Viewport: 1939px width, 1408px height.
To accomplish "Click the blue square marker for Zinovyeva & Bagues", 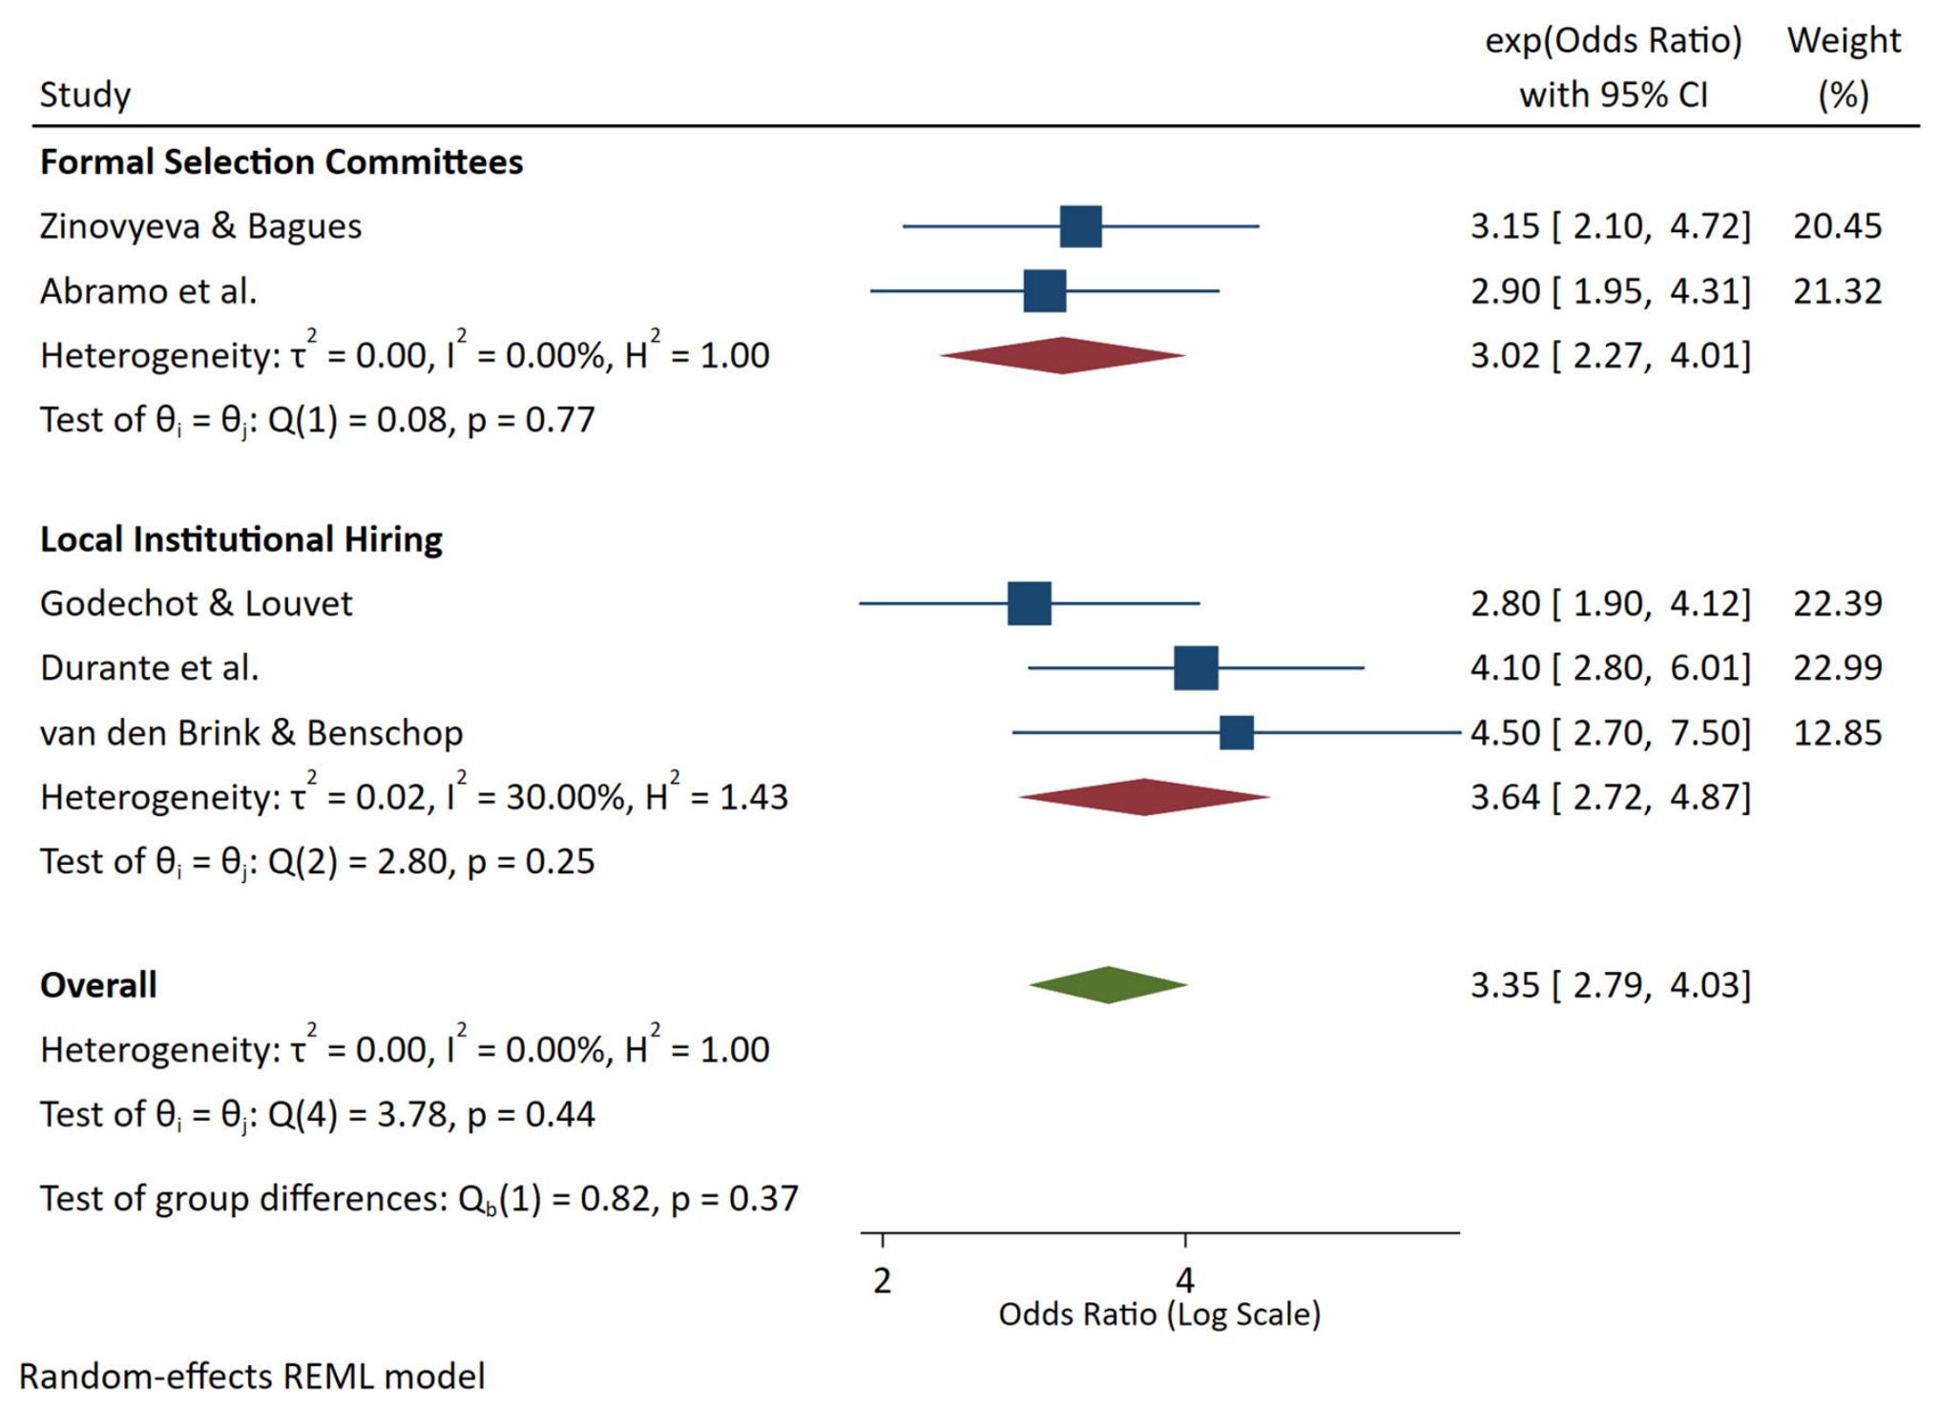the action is point(1080,226).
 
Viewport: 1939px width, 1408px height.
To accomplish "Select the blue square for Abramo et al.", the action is point(1044,290).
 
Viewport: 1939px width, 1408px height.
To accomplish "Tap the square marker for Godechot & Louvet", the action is point(1029,603).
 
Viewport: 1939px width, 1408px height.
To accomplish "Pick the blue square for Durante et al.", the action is point(1196,667).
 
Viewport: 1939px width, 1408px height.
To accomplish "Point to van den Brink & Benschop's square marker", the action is point(1237,732).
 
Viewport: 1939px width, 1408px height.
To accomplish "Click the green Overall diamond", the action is point(1108,984).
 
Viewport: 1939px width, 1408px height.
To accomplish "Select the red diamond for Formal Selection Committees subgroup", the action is point(1062,355).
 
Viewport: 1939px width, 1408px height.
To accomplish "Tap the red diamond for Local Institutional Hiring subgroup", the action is point(1144,797).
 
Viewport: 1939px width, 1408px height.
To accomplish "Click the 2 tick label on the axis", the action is point(882,1280).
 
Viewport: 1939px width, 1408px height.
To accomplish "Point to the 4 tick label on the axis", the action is point(1185,1280).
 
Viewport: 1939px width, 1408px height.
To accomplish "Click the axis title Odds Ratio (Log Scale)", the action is point(1159,1314).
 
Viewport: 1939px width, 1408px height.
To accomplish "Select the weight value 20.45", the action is point(1837,226).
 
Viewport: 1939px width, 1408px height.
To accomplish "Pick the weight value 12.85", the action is point(1837,732).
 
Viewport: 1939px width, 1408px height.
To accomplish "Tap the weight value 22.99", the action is point(1837,667).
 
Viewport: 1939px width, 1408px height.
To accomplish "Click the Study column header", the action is point(85,95).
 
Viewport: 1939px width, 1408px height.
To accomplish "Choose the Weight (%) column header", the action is point(1844,67).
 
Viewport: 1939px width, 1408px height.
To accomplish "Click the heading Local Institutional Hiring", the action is point(241,539).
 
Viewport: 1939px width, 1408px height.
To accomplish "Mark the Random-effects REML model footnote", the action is point(252,1376).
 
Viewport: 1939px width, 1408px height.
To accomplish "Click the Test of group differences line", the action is point(419,1198).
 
